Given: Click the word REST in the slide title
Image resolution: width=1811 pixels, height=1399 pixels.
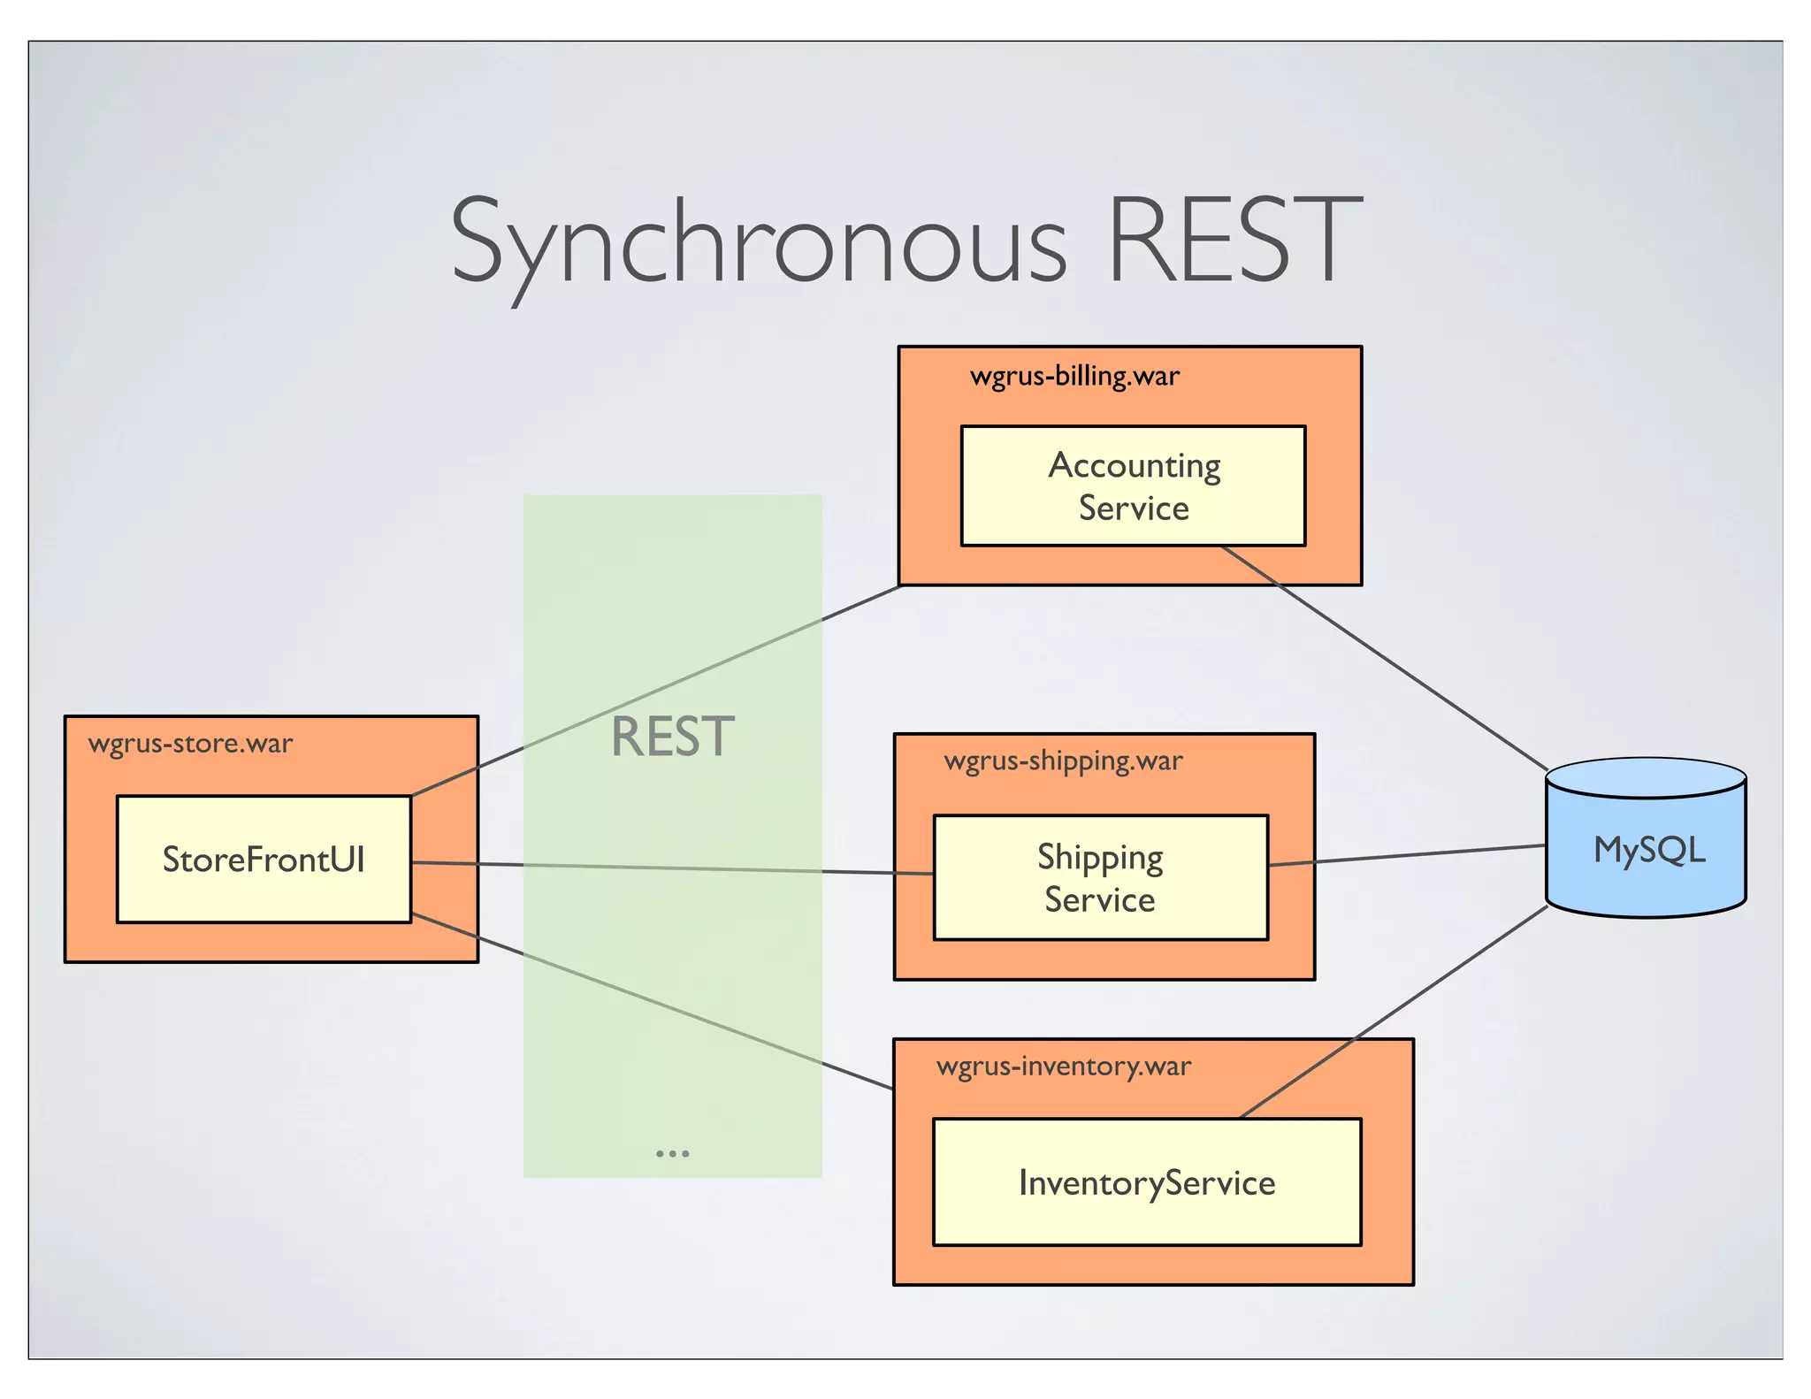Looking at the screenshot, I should pyautogui.click(x=1234, y=241).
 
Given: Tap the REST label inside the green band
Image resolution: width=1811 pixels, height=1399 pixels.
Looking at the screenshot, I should pyautogui.click(x=672, y=737).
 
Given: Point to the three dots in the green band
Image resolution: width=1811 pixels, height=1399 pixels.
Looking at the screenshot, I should pyautogui.click(x=672, y=1153).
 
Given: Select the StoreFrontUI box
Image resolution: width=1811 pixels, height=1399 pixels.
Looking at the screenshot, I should pyautogui.click(x=264, y=860).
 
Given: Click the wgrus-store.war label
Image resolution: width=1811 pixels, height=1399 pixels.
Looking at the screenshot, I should pyautogui.click(x=190, y=744).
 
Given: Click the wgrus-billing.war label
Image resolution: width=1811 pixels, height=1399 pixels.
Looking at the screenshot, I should pyautogui.click(x=1074, y=376).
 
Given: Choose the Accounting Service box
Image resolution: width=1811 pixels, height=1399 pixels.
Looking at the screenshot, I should pyautogui.click(x=1133, y=486).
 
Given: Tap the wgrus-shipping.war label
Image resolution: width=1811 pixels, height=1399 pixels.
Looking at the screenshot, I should pyautogui.click(x=1063, y=761).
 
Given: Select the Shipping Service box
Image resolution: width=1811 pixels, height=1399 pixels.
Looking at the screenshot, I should pyautogui.click(x=1100, y=878).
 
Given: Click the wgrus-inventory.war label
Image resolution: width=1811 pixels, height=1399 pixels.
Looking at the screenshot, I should pyautogui.click(x=1064, y=1066).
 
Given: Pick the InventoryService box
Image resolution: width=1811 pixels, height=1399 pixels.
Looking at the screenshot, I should pyautogui.click(x=1146, y=1183).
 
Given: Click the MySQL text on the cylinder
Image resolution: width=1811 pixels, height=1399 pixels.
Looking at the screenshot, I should pyautogui.click(x=1648, y=851).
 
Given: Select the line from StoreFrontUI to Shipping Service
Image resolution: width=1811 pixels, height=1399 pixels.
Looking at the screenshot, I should pyautogui.click(x=672, y=868).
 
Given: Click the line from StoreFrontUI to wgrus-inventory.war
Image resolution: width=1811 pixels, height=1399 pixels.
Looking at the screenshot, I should pyautogui.click(x=654, y=1002).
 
